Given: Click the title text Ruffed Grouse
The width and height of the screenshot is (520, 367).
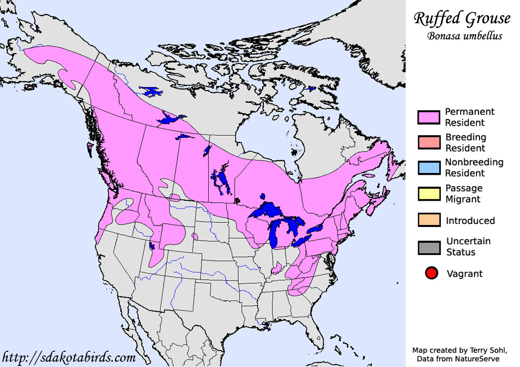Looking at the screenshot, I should click(462, 19).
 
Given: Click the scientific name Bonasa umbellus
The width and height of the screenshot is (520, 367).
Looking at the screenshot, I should click(464, 36).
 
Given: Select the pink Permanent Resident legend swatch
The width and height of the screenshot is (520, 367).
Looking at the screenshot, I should click(428, 117).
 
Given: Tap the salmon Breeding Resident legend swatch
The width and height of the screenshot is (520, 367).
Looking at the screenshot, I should click(428, 143).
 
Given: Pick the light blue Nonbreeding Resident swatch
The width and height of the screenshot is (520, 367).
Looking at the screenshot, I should click(428, 168).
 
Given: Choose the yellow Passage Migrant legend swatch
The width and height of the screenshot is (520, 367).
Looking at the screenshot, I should click(428, 193).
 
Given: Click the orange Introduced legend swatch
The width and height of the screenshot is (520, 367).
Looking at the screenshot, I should click(428, 220).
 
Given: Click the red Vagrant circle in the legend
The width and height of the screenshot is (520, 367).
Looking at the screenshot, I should click(431, 273).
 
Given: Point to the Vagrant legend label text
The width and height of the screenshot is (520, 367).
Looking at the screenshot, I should click(464, 273).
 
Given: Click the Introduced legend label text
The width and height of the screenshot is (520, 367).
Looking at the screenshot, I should click(470, 221).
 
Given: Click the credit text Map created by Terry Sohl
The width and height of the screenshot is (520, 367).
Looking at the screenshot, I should click(460, 350).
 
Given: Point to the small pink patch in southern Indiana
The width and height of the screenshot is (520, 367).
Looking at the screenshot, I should click(276, 269).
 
